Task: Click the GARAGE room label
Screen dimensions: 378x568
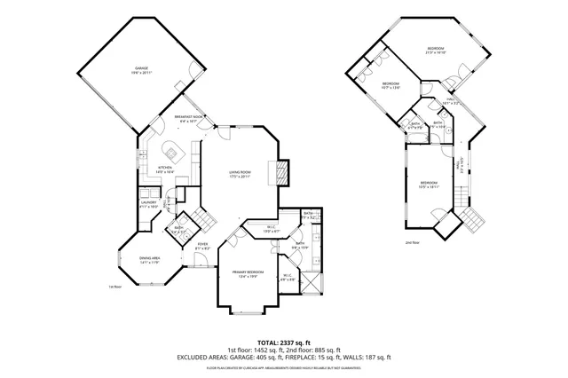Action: pyautogui.click(x=141, y=69)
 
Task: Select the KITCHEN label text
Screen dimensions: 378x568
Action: pyautogui.click(x=165, y=169)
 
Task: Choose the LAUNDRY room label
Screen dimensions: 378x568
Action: pyautogui.click(x=148, y=203)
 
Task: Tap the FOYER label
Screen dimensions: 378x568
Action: pyautogui.click(x=202, y=246)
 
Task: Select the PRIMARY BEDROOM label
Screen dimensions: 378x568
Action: pyautogui.click(x=244, y=274)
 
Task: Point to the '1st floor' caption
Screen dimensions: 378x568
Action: pyautogui.click(x=114, y=287)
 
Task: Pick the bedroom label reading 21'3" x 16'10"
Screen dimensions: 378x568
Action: pyautogui.click(x=434, y=51)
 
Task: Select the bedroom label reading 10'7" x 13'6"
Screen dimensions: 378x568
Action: pyautogui.click(x=390, y=86)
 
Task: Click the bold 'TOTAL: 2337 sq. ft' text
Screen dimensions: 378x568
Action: pyautogui.click(x=283, y=342)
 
